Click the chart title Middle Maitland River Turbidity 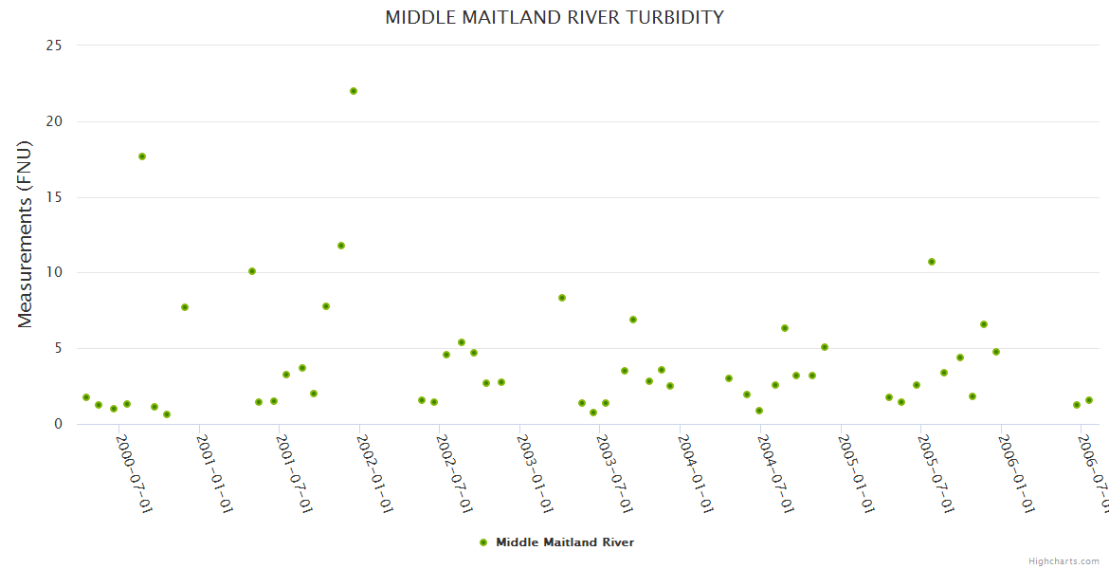pos(554,17)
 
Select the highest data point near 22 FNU pos(354,91)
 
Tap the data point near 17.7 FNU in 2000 pos(142,156)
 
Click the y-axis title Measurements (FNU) pos(26,234)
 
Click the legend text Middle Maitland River pos(565,542)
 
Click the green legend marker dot pos(483,542)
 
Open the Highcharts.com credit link pos(1064,561)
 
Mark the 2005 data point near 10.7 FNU pos(932,262)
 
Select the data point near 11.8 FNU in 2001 pos(341,246)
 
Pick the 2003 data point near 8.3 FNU pos(562,298)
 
